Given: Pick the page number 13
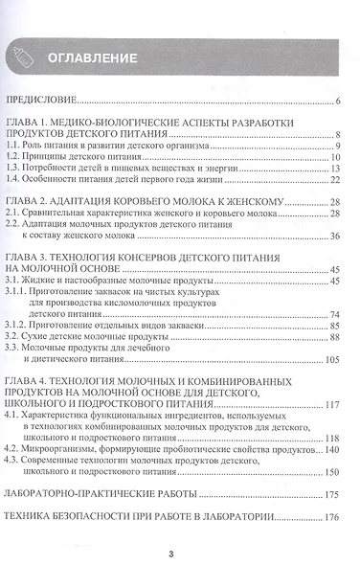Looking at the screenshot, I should tap(336, 168).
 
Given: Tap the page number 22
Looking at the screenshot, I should tap(336, 180).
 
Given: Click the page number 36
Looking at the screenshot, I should tap(336, 237).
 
